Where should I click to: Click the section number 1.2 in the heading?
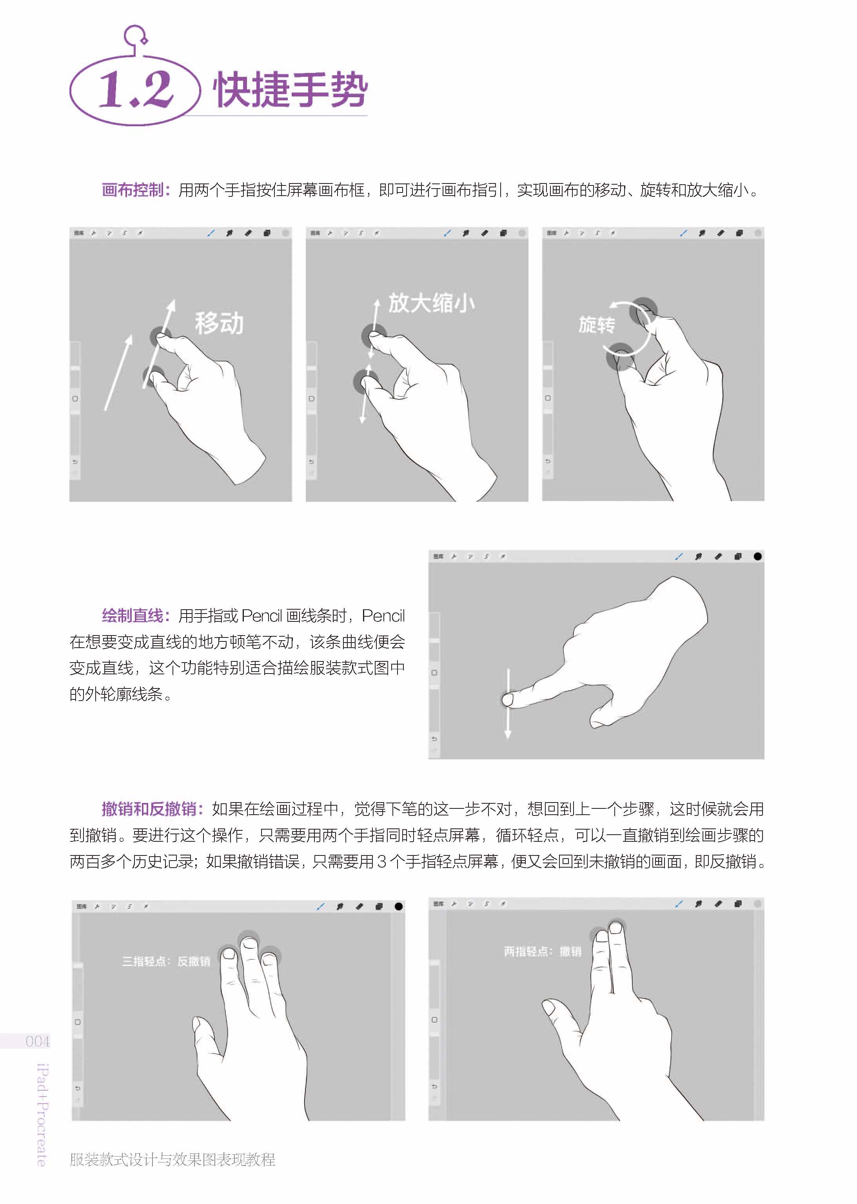pos(136,89)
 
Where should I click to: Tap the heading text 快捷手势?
pos(290,90)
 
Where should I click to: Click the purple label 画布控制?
pos(133,190)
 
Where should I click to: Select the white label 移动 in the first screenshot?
pos(219,323)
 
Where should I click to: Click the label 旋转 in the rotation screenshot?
pos(597,325)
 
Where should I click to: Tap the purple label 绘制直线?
pos(133,615)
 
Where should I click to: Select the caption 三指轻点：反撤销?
pos(166,961)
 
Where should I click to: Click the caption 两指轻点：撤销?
pos(543,951)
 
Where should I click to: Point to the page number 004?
pos(38,1041)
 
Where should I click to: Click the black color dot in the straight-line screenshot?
pos(757,556)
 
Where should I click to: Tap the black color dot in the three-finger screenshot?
pos(398,906)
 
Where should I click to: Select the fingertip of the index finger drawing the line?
pos(508,699)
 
